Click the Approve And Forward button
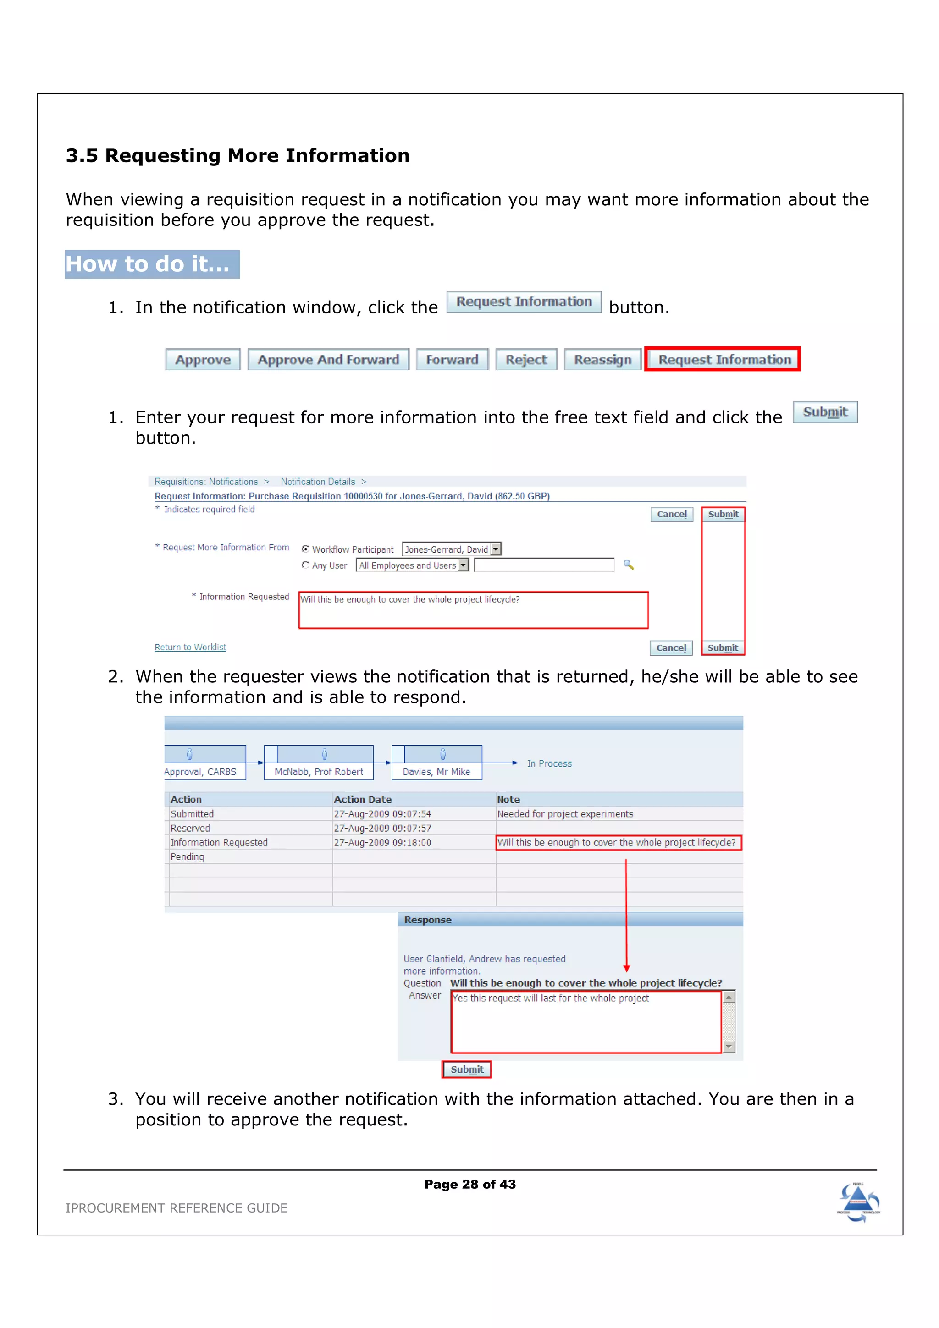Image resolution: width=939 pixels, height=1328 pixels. coord(328,360)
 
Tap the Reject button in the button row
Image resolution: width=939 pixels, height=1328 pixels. coord(526,360)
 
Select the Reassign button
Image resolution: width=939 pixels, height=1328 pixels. coord(602,360)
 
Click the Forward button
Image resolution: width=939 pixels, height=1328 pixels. coord(452,360)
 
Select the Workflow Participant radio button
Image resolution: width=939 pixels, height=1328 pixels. coord(305,549)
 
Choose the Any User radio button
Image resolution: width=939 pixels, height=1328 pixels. coord(305,565)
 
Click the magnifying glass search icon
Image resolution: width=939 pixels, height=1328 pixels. coord(628,565)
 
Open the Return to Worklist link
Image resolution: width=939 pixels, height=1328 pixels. coord(190,647)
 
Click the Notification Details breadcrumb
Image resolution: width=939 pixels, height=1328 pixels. coord(318,482)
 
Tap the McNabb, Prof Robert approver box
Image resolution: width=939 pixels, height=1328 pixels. coord(319,763)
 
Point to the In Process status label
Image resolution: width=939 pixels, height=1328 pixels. coord(549,763)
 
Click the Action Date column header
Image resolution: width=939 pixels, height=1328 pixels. coord(362,799)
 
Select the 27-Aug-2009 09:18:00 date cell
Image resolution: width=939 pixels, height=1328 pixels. coord(382,843)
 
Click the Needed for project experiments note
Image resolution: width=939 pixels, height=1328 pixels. coord(565,814)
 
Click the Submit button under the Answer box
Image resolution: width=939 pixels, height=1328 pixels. coord(467,1070)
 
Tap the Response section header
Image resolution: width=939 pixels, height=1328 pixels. coord(428,920)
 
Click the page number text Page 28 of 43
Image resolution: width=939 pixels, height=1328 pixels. coord(470,1184)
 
